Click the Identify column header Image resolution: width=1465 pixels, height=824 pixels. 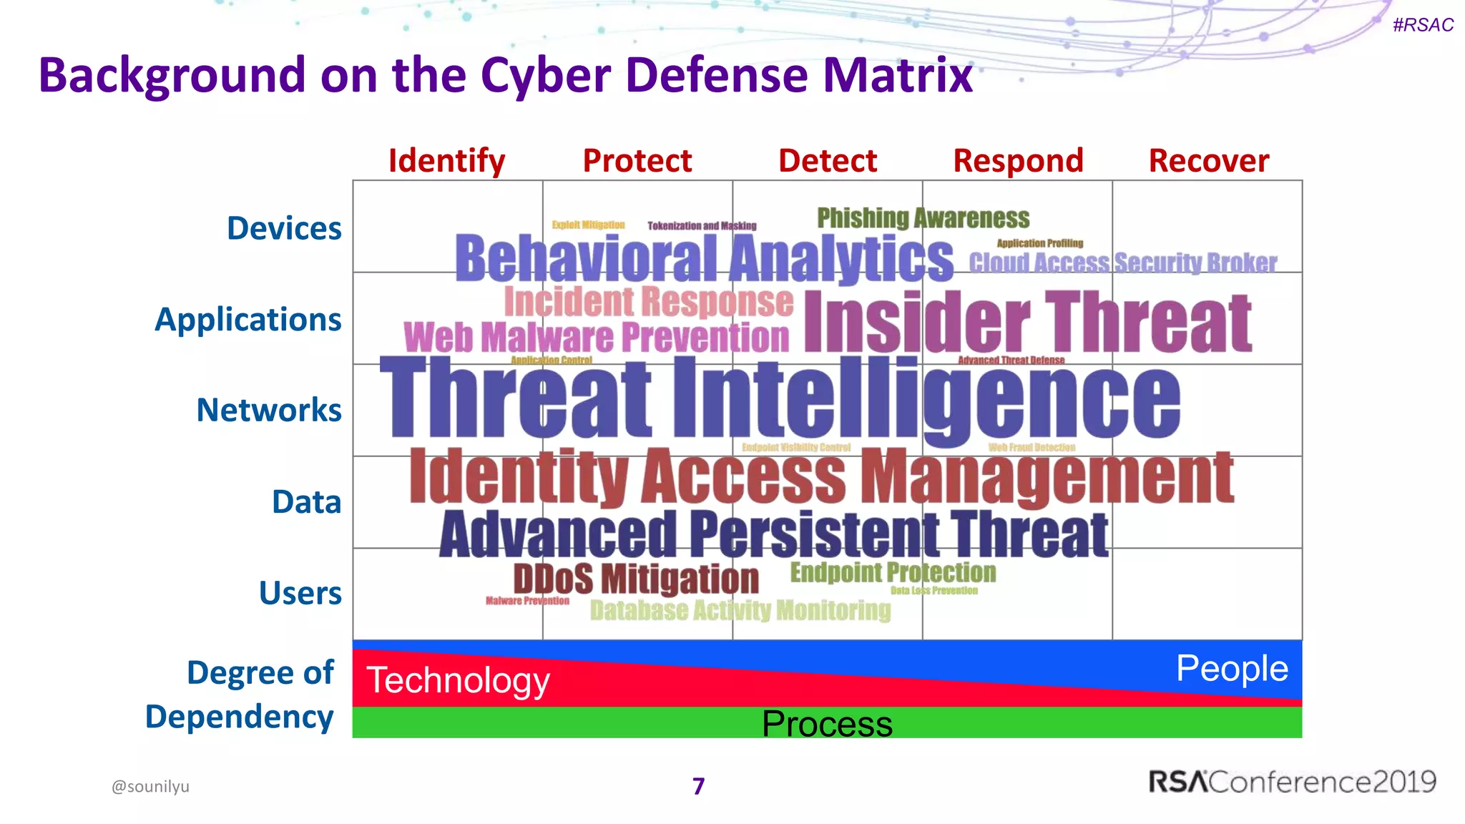[x=446, y=161]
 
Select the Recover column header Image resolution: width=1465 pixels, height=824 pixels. [x=1208, y=161]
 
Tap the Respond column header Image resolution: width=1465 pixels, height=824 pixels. [x=1018, y=161]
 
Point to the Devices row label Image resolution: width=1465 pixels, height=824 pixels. [x=284, y=228]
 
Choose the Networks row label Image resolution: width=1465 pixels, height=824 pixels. [x=269, y=410]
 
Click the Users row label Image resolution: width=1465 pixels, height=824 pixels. [x=300, y=593]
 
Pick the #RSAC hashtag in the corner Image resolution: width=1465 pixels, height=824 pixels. [x=1423, y=25]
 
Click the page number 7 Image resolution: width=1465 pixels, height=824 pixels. [x=699, y=786]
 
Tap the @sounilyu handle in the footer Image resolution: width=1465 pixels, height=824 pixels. [x=150, y=786]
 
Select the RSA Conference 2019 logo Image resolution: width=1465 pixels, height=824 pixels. [x=1292, y=782]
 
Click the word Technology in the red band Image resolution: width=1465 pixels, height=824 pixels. [x=458, y=680]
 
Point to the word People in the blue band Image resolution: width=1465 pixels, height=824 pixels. [x=1232, y=669]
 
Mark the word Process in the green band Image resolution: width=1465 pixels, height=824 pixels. [x=827, y=724]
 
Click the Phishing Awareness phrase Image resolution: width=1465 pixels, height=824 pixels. [x=923, y=217]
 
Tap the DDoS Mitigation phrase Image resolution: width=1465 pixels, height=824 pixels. [x=636, y=579]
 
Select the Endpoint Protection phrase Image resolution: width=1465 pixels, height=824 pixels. [x=892, y=572]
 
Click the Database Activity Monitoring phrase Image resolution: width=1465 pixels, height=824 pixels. [x=740, y=610]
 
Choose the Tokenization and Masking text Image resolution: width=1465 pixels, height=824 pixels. [x=702, y=226]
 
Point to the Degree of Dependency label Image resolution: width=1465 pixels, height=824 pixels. [x=240, y=695]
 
